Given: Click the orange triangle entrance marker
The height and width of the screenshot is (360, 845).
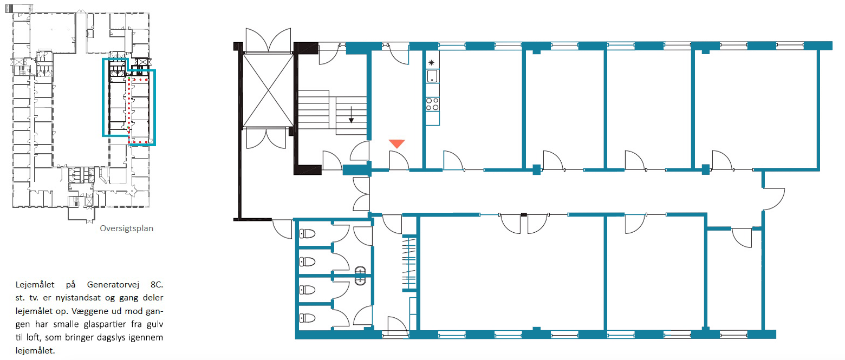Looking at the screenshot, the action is coord(397,143).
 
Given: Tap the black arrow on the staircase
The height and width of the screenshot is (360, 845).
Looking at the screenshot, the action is coord(351,115).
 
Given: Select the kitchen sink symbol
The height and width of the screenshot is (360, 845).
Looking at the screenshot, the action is coord(432,76).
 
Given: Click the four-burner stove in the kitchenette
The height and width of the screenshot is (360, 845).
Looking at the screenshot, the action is coord(432,103).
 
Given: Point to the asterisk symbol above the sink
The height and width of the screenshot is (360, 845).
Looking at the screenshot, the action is coord(431,63).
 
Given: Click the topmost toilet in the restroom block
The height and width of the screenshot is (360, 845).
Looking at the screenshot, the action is coord(307,234).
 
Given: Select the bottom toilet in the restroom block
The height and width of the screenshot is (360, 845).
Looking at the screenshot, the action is coord(307,318).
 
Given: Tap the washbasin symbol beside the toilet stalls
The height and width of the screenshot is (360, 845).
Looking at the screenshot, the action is coord(361,276).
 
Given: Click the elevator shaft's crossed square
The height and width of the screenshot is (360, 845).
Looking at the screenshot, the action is coord(268,90).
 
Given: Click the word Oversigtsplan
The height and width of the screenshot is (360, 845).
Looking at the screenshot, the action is coord(126,228).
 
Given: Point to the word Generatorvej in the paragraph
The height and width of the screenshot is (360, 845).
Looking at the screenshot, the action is coord(113,285).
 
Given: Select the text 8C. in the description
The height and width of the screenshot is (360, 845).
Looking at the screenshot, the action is coord(157,285).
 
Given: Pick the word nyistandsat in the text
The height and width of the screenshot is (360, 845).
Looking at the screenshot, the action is coord(78,298).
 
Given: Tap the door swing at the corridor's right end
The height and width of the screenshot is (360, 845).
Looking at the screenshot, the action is coord(774,199).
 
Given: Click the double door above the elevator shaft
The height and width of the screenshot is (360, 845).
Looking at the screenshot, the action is coord(268,40).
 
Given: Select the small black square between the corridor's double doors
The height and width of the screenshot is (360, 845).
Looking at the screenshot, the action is coord(524,214).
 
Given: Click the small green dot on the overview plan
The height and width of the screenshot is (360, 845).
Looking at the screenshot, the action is coord(129,78).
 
